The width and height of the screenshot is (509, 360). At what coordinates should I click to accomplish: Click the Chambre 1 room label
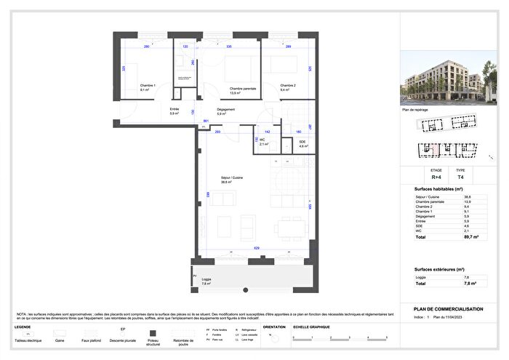148,87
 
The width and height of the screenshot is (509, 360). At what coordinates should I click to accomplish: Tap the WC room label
264,142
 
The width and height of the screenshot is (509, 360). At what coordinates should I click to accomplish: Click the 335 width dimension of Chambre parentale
229,47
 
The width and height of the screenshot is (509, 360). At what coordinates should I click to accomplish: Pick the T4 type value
460,176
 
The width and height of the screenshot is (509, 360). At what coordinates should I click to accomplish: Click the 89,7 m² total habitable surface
471,237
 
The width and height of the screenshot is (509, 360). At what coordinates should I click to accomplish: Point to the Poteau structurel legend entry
153,340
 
